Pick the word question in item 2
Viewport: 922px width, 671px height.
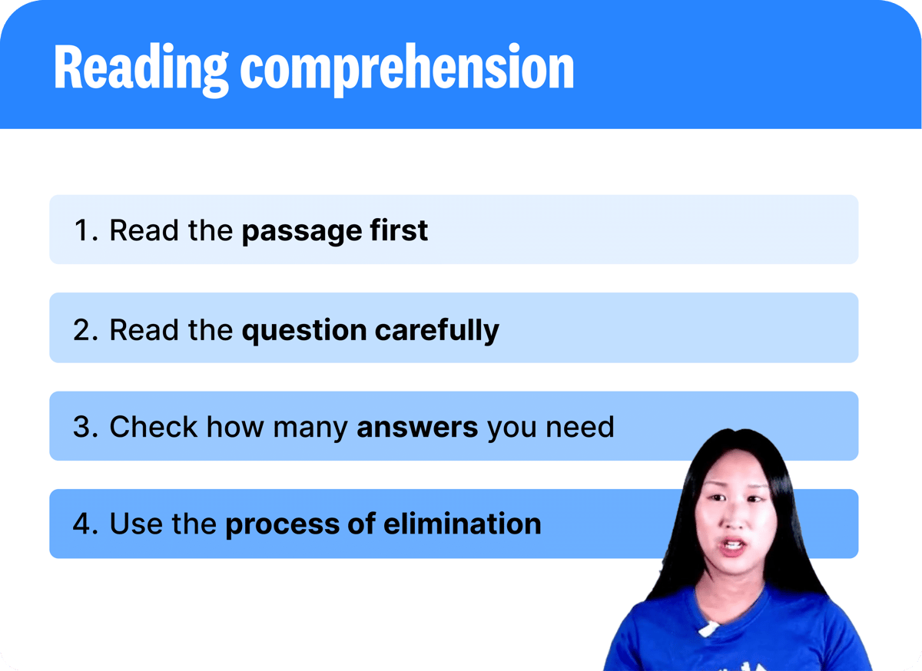[x=304, y=331]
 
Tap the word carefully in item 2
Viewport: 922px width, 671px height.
[x=436, y=331]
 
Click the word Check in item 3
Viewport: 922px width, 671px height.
[x=153, y=426]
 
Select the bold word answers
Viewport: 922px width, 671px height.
[x=417, y=428]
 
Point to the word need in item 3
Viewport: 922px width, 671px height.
[x=579, y=427]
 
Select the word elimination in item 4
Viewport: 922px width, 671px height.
[x=463, y=524]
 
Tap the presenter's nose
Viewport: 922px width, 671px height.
[x=735, y=519]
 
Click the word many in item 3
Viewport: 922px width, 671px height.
[x=310, y=428]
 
